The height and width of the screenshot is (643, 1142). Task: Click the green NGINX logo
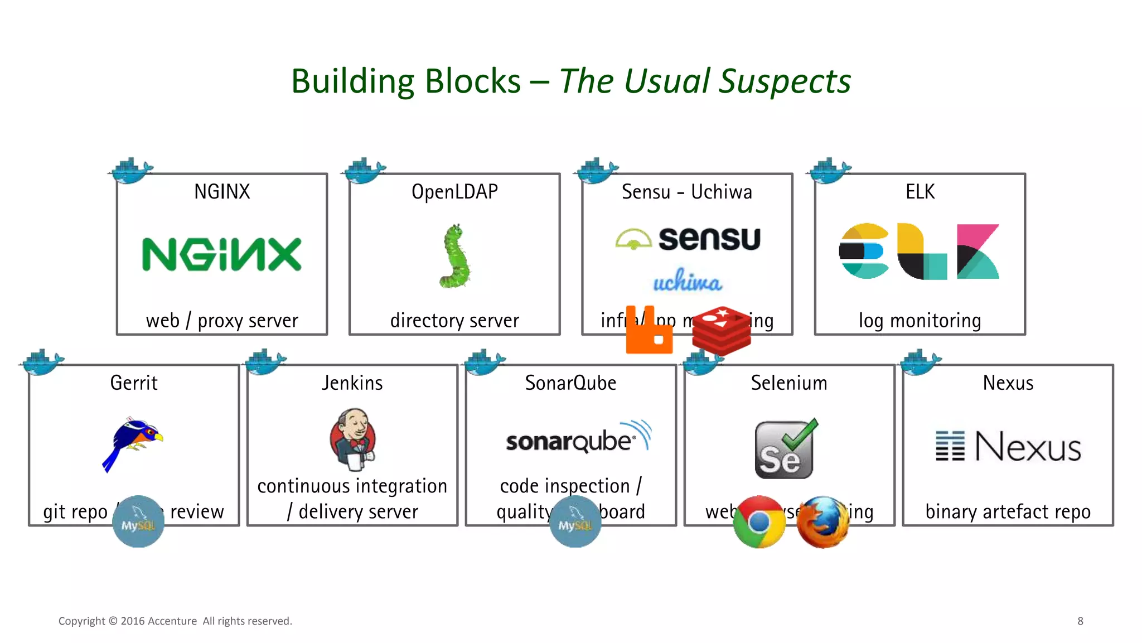tap(221, 254)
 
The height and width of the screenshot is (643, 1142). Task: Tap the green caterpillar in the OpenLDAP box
tap(456, 257)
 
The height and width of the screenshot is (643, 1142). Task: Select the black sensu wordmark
tap(709, 239)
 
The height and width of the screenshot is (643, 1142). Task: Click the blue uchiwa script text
tap(687, 281)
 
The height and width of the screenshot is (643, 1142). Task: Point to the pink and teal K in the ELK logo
tap(978, 252)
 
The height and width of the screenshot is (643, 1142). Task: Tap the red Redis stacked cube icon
tap(721, 330)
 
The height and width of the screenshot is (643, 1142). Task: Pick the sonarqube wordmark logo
tap(578, 438)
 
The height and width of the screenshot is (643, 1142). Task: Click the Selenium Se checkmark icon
tap(785, 449)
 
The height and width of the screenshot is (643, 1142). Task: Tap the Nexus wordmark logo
tap(1008, 447)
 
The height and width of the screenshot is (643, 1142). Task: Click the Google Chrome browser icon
tap(759, 522)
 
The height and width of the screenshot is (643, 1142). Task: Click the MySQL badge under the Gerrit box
tap(138, 522)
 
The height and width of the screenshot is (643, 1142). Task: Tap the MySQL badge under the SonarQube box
tap(575, 522)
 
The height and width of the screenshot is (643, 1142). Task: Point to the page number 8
tap(1080, 621)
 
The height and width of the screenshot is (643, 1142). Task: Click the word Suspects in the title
tap(785, 81)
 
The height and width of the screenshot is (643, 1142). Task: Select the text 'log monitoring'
tap(920, 321)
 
